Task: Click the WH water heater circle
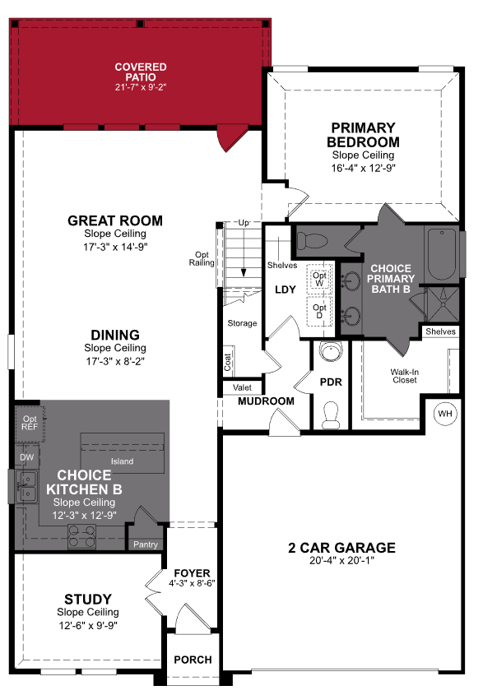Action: [444, 412]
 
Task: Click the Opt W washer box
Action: [320, 279]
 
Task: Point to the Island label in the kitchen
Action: [122, 461]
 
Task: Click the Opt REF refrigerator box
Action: [30, 423]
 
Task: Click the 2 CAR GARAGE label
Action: [341, 548]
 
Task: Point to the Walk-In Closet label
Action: [404, 376]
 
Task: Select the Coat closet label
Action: [228, 363]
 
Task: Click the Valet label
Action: [242, 387]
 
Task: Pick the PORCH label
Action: [193, 660]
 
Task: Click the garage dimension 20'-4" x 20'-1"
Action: [341, 563]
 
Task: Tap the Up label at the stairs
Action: [243, 223]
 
